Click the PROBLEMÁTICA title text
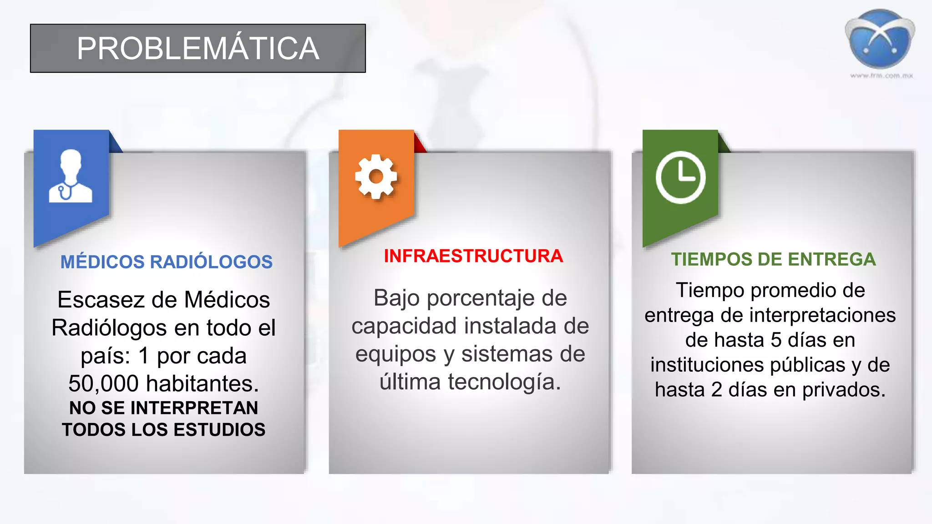pyautogui.click(x=198, y=48)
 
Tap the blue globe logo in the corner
pyautogui.click(x=880, y=39)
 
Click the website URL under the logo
pyautogui.click(x=881, y=76)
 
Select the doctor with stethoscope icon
pyautogui.click(x=71, y=176)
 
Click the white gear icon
pyautogui.click(x=376, y=176)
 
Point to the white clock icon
pyautogui.click(x=680, y=177)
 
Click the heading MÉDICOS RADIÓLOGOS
pyautogui.click(x=167, y=262)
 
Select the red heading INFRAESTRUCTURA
pyautogui.click(x=473, y=256)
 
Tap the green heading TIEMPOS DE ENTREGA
pyautogui.click(x=773, y=259)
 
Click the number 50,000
pyautogui.click(x=103, y=383)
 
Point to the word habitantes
pyautogui.click(x=202, y=383)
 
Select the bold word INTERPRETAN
pyautogui.click(x=194, y=408)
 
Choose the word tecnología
pyautogui.click(x=504, y=382)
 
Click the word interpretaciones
pyautogui.click(x=822, y=315)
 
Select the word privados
pyautogui.click(x=844, y=390)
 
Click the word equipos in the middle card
pyautogui.click(x=395, y=354)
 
